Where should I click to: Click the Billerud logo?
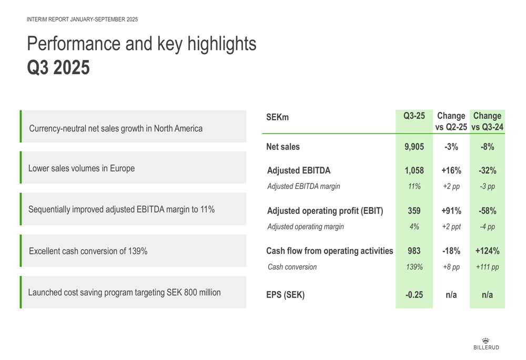tap(486, 344)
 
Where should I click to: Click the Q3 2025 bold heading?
tap(58, 67)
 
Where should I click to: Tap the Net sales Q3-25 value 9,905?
tap(414, 147)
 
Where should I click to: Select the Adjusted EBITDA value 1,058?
tap(414, 171)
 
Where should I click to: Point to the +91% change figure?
tap(451, 211)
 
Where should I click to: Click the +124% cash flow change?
tap(487, 251)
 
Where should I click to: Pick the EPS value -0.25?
tap(414, 295)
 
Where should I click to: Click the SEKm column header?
tap(277, 118)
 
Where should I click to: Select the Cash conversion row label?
tap(292, 267)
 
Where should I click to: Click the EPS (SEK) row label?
tap(285, 295)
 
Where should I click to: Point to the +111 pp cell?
tap(487, 267)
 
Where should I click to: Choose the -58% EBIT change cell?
tap(487, 211)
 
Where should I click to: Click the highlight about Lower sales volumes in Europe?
tap(82, 169)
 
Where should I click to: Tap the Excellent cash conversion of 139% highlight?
tap(88, 251)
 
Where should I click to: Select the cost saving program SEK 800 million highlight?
tap(125, 292)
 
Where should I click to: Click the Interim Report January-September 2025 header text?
tap(82, 19)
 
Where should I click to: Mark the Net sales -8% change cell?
tap(487, 147)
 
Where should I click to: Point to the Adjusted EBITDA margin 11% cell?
tap(414, 186)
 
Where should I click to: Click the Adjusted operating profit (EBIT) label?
tap(325, 211)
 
